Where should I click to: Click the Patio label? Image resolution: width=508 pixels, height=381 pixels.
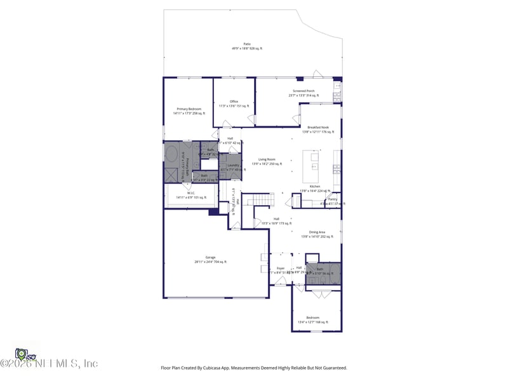pos(247,44)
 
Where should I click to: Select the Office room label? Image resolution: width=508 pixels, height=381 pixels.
pos(234,102)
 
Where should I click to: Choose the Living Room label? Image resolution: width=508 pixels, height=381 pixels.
pos(267,159)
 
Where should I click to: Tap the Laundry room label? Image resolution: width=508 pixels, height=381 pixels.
pos(233,165)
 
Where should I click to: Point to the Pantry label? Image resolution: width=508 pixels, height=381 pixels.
pos(333,199)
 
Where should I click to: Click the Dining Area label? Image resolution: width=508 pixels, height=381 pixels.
pos(317,232)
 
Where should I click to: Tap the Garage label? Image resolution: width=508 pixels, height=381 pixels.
pos(210,257)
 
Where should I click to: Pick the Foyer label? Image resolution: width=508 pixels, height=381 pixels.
pos(280,269)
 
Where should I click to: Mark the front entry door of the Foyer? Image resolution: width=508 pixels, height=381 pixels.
pos(280,284)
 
